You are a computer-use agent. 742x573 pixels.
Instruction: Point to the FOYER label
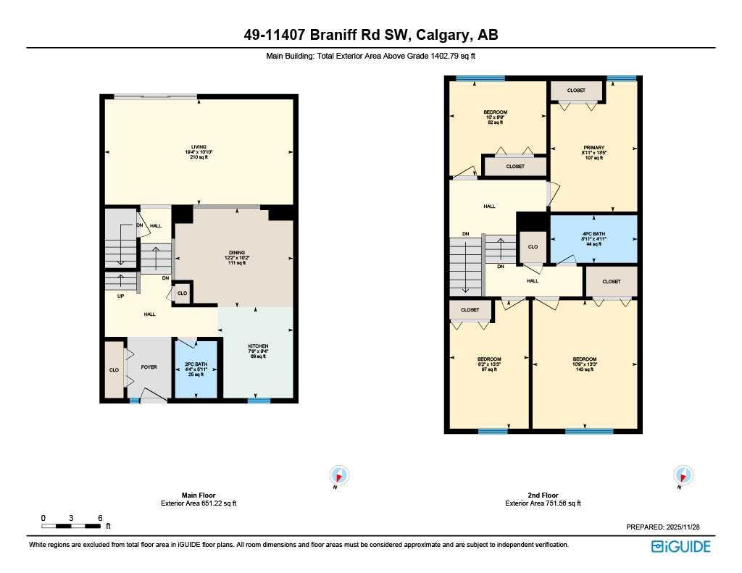(x=149, y=367)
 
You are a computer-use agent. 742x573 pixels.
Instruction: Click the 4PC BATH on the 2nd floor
(x=593, y=239)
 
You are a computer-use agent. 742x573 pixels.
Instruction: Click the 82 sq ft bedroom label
(x=495, y=117)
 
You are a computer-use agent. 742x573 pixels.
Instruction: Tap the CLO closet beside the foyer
(x=114, y=369)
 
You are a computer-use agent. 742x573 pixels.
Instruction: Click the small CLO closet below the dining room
(x=182, y=293)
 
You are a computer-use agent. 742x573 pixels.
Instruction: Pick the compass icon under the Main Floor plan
(x=339, y=475)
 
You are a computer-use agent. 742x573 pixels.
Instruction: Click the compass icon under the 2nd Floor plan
(x=683, y=475)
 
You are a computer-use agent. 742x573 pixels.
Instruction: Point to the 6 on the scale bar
(x=100, y=518)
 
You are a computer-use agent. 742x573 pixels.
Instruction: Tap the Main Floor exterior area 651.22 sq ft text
(x=198, y=503)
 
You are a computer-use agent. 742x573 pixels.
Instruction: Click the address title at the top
(x=370, y=35)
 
